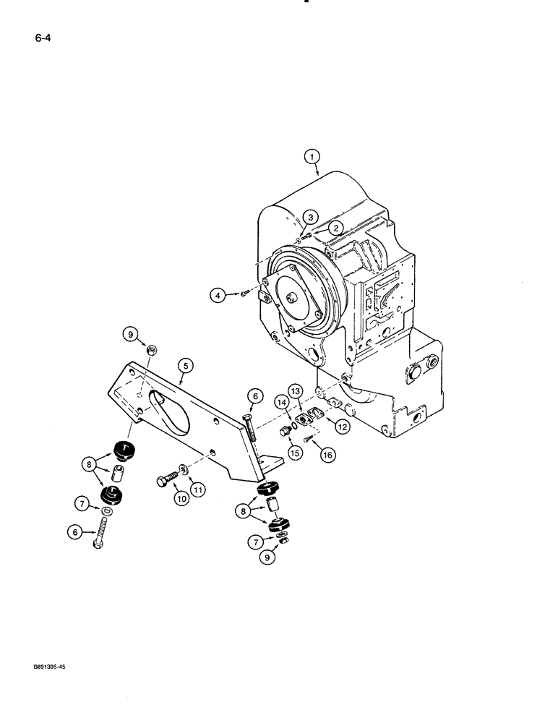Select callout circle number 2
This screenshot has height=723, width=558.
(335, 227)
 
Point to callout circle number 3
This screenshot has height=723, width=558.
(309, 217)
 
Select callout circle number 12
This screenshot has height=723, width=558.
(342, 427)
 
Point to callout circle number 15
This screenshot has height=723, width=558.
(296, 453)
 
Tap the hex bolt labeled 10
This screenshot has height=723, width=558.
(166, 480)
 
